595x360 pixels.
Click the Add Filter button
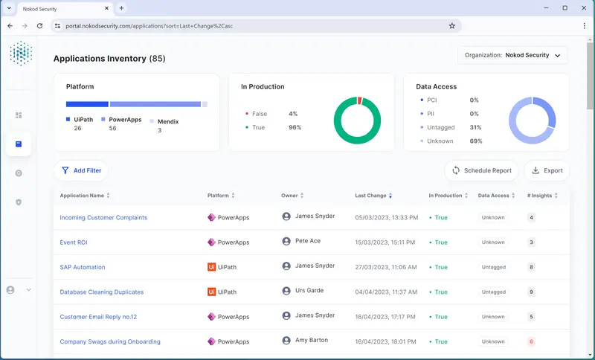81,170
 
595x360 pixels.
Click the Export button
547,170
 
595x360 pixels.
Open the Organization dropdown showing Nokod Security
512,55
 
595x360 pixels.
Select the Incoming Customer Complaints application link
103,217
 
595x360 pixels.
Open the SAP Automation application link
83,267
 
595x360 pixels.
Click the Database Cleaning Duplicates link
101,292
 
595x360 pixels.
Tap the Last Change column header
371,196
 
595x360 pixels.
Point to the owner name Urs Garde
309,290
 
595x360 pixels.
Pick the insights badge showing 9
531,292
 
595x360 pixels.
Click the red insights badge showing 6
531,341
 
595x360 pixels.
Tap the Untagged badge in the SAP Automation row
493,267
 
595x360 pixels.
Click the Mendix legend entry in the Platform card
168,121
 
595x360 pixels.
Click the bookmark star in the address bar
451,25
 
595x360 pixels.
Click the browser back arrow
10,25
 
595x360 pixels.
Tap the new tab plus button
122,8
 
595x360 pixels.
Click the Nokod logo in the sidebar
21,54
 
